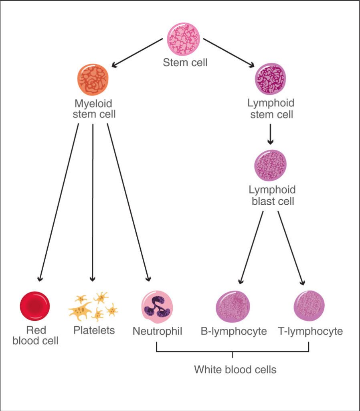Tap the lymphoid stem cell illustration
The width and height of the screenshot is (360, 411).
point(271,79)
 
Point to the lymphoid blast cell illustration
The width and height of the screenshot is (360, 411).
point(271,165)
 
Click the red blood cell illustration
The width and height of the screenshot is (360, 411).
point(35,306)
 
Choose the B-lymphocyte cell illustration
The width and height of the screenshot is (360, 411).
point(233,307)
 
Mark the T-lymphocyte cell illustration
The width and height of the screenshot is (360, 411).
point(309,307)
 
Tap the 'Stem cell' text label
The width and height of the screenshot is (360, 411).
point(185,63)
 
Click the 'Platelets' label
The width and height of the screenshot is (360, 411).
point(94,330)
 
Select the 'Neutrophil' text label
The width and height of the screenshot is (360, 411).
point(157,332)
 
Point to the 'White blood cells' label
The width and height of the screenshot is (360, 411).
point(235,369)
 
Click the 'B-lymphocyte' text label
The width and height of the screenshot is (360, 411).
point(234,332)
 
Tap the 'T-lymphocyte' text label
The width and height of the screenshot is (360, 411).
point(310,332)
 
